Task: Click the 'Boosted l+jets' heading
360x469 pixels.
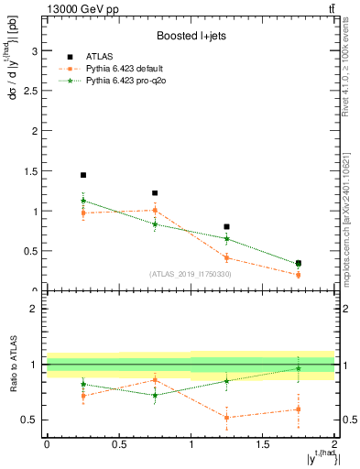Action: pos(191,36)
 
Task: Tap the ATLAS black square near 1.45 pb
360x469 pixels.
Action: pos(83,175)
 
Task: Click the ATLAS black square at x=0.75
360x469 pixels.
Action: pos(155,193)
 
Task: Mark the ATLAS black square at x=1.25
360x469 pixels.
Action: pos(227,226)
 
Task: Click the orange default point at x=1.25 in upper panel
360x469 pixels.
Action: pos(227,257)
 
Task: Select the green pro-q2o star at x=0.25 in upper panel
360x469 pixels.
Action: pos(83,200)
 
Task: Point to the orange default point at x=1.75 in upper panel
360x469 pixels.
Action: pos(299,275)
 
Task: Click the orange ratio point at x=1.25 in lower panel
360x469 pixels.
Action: pos(227,418)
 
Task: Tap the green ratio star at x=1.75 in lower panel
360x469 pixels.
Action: pos(299,368)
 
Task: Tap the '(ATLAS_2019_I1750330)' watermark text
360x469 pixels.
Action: pos(191,274)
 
